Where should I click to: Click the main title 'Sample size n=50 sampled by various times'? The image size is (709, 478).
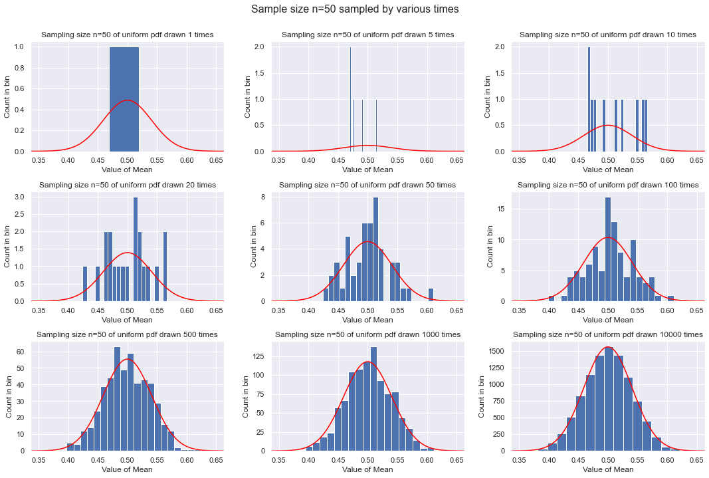tap(354, 10)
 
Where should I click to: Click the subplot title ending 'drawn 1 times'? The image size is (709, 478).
tap(127, 35)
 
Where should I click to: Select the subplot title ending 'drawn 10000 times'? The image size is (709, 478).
tap(607, 334)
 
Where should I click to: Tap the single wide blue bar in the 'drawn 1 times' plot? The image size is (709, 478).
tap(124, 100)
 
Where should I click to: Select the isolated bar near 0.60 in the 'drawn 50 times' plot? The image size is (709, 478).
tap(431, 295)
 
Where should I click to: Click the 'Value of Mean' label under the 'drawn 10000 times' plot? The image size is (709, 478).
tap(607, 469)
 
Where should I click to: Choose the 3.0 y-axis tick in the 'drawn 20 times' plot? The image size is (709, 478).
tap(21, 197)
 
